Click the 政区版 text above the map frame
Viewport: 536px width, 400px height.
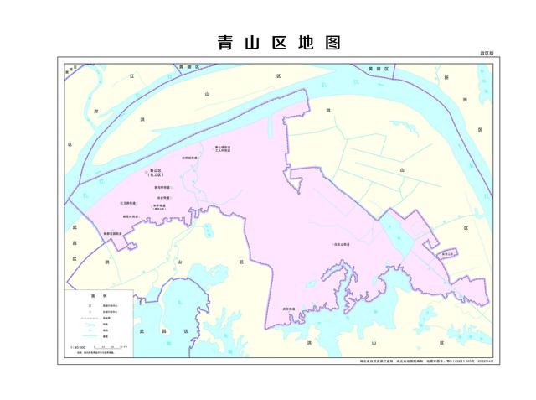point(487,53)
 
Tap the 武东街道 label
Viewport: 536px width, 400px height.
point(289,309)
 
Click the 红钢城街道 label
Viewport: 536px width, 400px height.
point(189,157)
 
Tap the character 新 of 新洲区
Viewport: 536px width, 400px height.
point(447,77)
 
